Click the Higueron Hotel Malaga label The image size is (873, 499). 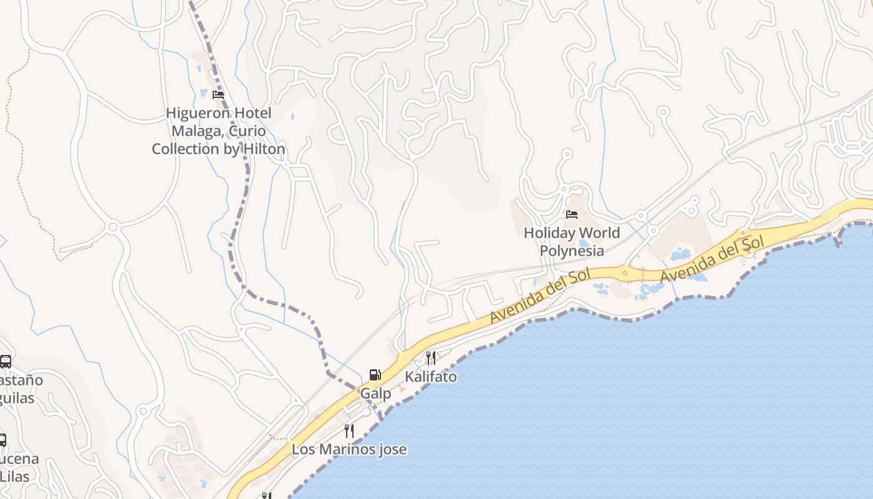pyautogui.click(x=218, y=131)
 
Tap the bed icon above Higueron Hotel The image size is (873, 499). pyautogui.click(x=218, y=95)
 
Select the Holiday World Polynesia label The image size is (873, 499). pyautogui.click(x=572, y=241)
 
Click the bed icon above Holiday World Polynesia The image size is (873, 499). pyautogui.click(x=572, y=215)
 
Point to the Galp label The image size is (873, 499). pyautogui.click(x=376, y=394)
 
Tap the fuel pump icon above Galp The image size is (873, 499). pyautogui.click(x=375, y=374)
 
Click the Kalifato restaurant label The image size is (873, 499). pyautogui.click(x=431, y=377)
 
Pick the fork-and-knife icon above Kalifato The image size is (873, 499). pyautogui.click(x=431, y=357)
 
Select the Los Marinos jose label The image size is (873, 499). pyautogui.click(x=349, y=449)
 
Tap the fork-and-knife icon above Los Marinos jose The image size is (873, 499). pyautogui.click(x=349, y=430)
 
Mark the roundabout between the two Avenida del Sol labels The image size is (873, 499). pyautogui.click(x=625, y=273)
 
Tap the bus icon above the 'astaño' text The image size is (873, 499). pyautogui.click(x=6, y=361)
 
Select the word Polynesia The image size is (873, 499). pyautogui.click(x=572, y=251)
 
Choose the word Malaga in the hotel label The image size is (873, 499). pyautogui.click(x=196, y=131)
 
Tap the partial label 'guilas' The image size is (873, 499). pyautogui.click(x=17, y=398)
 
